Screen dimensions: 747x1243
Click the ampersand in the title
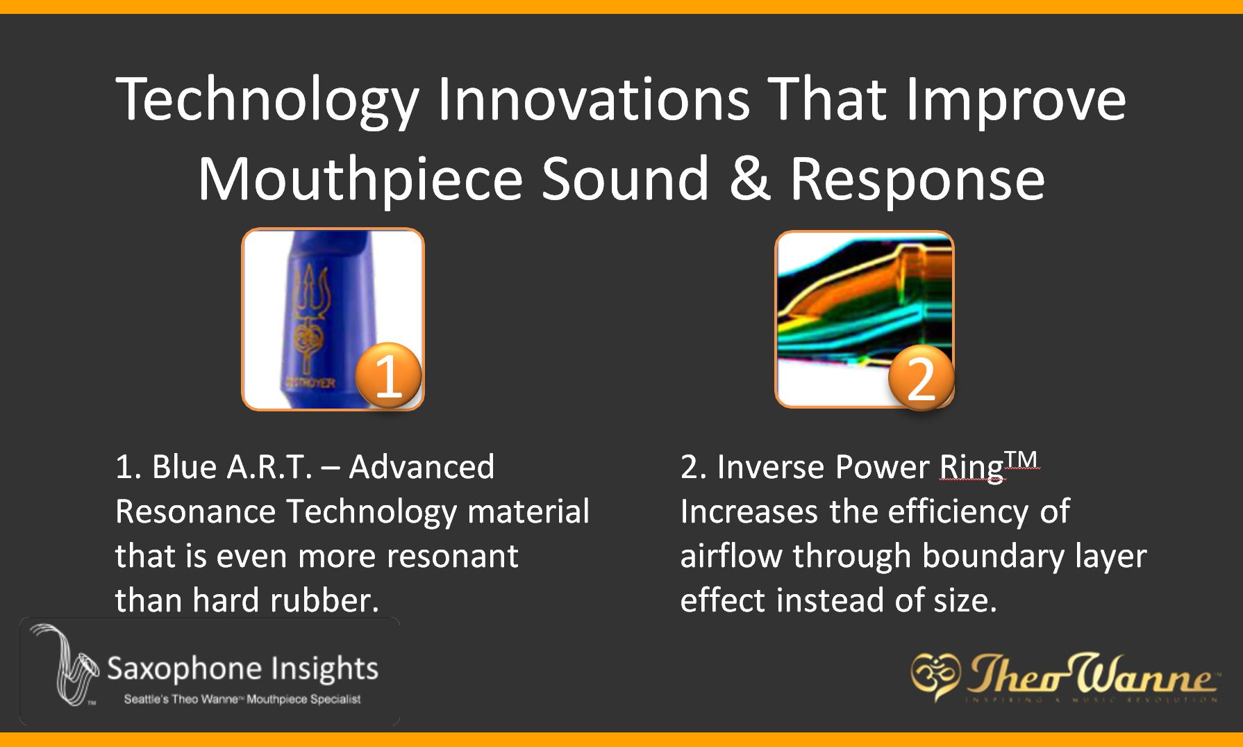[749, 179]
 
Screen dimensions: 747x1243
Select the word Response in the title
[917, 179]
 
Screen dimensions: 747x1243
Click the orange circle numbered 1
[388, 376]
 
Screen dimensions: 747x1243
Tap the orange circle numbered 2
[921, 379]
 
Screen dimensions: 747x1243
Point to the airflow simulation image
[865, 306]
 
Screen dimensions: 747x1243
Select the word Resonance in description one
[196, 512]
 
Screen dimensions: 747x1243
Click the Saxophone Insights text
[242, 668]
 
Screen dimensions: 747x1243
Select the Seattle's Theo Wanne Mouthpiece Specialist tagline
[242, 699]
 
